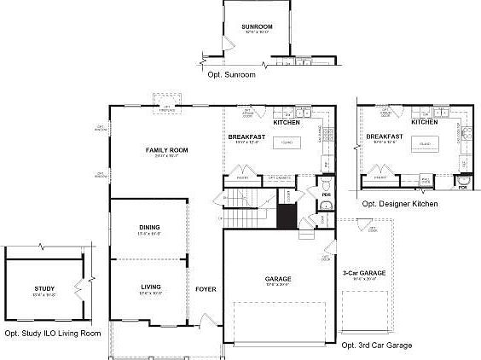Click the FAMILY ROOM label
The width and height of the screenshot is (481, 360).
pos(166,150)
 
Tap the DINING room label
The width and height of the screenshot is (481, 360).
pos(149,227)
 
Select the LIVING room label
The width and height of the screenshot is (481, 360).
pos(150,287)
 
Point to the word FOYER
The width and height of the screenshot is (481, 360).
pos(206,289)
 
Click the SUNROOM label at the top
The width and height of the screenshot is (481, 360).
pos(257,27)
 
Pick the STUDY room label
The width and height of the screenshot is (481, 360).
pos(45,289)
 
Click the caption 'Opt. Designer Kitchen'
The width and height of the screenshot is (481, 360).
pos(400,204)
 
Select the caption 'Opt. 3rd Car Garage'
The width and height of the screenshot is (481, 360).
pos(376,345)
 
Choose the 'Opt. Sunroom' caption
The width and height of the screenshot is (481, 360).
pos(231,75)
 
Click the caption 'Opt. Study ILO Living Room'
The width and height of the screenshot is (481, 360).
pos(52,334)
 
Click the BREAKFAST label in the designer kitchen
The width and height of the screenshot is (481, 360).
pos(384,136)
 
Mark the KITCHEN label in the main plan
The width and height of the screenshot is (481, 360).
pos(286,122)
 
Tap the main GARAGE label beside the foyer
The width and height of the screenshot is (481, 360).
pos(275,278)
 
